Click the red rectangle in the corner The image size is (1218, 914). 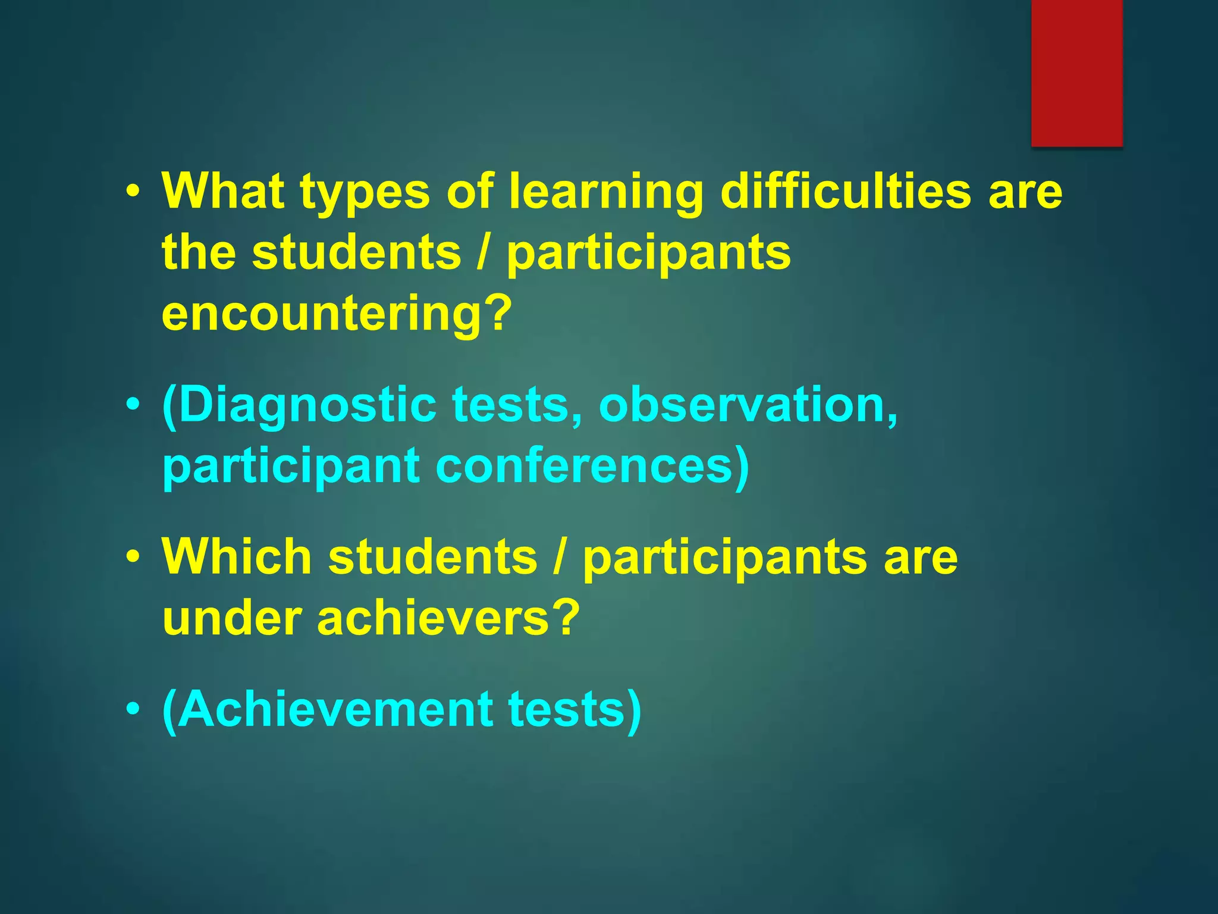point(1076,73)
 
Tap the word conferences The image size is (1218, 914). point(592,467)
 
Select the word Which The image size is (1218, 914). point(237,556)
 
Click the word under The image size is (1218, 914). point(231,618)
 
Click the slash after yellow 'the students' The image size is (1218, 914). point(484,252)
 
